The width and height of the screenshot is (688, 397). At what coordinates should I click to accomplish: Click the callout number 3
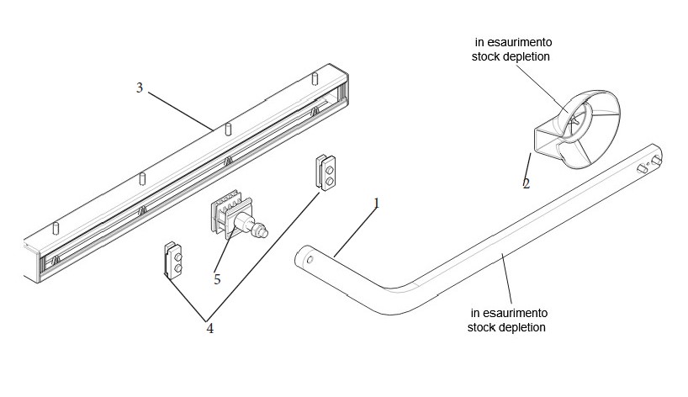[x=140, y=87]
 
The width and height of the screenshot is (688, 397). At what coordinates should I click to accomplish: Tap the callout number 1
[x=377, y=203]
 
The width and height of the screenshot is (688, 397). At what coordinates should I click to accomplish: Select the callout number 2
[x=526, y=183]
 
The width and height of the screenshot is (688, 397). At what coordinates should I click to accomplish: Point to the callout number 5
[x=217, y=278]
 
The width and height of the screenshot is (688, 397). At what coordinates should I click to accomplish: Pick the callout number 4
[x=209, y=328]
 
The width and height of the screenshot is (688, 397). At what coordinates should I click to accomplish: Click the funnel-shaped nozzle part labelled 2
[x=580, y=130]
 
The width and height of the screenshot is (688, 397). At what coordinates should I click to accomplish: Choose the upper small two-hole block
[x=326, y=172]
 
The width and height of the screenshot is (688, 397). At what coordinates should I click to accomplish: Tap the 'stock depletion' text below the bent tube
[x=506, y=326]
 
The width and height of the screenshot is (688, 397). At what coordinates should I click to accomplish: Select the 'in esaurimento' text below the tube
[x=506, y=312]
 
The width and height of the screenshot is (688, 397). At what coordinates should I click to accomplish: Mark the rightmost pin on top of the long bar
[x=315, y=79]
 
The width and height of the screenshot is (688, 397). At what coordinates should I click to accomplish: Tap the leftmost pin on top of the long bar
[x=56, y=228]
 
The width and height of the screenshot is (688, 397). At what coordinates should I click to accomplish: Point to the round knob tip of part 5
[x=265, y=228]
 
